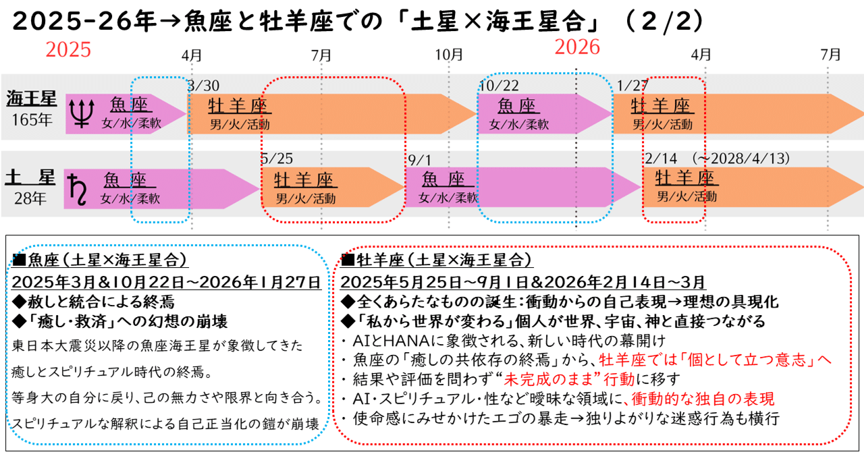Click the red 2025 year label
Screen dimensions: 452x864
[x=68, y=50]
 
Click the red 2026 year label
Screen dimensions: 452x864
[x=577, y=47]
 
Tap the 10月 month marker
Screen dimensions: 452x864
[x=450, y=54]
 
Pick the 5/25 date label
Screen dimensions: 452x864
[x=277, y=159]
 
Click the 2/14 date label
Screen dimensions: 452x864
[x=661, y=159]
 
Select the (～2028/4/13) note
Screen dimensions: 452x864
[x=741, y=159]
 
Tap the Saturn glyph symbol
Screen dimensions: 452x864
[x=81, y=188]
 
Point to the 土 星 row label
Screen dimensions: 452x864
[x=30, y=178]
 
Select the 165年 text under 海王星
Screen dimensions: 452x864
[x=31, y=121]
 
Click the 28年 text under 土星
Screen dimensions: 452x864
[x=31, y=199]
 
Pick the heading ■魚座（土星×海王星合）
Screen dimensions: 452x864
[x=99, y=260]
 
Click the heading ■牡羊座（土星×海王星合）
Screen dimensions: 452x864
[x=437, y=260]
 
